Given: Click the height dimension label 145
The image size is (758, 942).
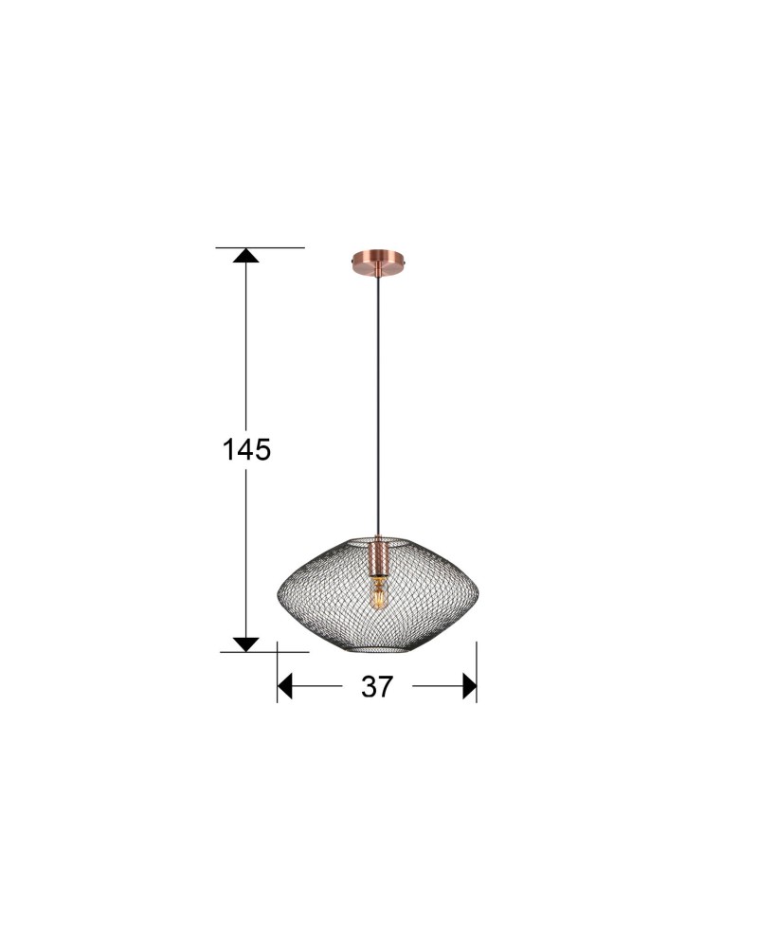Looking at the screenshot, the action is click(246, 449).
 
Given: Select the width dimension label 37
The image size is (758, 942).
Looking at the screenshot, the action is click(376, 686).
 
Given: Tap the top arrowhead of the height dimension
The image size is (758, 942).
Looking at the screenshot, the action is click(245, 255).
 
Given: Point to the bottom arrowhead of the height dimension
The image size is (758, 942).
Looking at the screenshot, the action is click(245, 644).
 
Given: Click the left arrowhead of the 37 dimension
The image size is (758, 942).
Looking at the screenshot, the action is click(284, 686).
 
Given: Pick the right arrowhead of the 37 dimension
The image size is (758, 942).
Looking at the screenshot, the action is click(470, 686).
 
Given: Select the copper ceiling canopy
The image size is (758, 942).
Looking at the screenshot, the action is click(378, 262).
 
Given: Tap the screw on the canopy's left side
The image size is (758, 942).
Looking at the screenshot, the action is click(352, 262).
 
